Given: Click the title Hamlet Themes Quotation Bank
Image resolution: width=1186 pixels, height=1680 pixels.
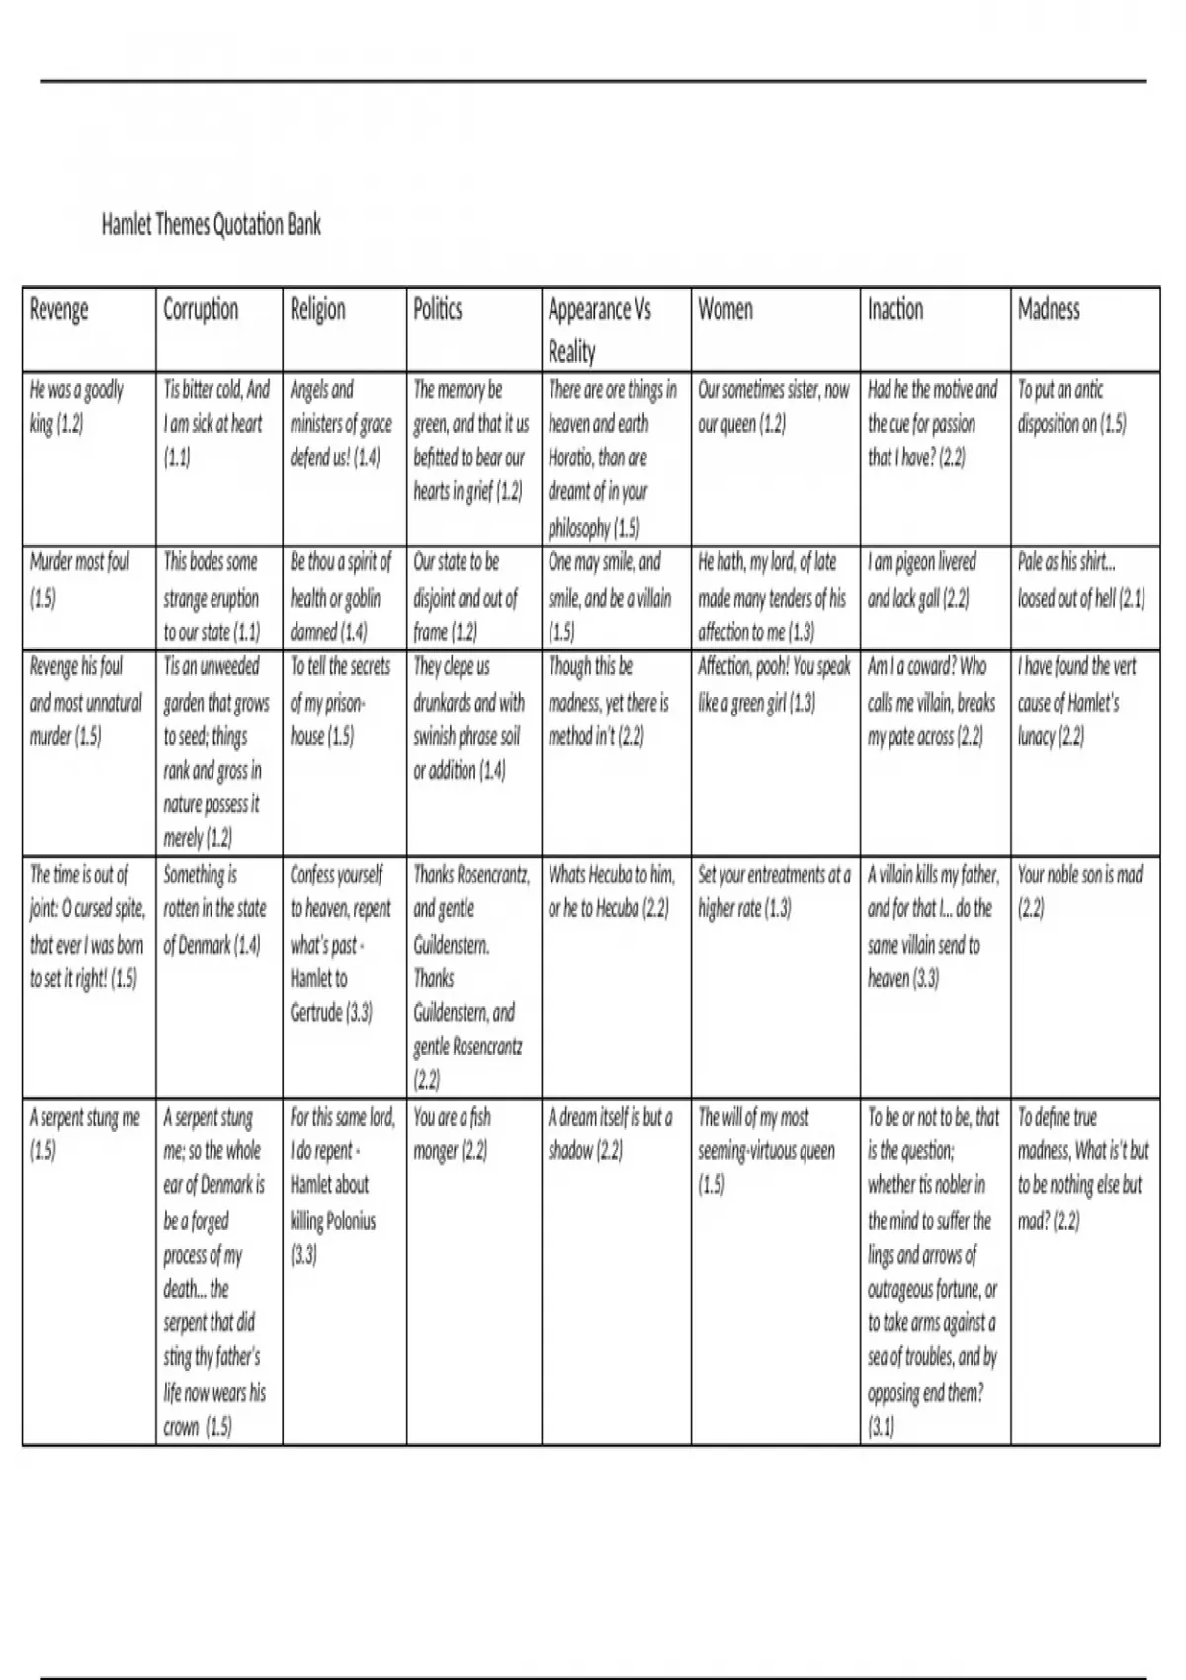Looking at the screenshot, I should pos(212,225).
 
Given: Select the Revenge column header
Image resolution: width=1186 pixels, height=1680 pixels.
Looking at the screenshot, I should pos(59,310).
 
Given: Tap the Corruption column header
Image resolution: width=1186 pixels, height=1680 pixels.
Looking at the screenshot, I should pos(201,310).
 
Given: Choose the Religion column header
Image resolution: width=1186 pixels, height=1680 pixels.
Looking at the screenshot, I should pos(318,310).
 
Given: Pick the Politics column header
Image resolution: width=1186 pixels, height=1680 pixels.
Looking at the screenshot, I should pos(438,310).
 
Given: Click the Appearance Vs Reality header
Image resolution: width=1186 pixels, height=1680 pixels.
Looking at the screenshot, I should pos(600,329).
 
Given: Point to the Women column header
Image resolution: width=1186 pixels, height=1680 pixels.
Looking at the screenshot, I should pos(725,310).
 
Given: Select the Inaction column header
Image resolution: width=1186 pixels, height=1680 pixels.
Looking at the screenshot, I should pos(895,310).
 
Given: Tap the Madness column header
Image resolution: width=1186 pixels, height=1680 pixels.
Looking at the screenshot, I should pos(1049,310).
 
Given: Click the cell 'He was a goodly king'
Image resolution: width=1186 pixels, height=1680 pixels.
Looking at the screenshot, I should pos(77,407).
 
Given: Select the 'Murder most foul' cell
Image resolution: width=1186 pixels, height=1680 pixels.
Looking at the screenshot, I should pos(79,580).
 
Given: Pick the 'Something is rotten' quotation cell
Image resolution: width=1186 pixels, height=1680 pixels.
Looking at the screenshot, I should pos(214,909).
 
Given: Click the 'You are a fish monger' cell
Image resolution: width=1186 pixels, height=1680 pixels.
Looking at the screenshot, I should pos(452,1134).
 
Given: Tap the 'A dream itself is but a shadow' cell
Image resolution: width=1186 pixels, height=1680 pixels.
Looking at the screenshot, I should pos(611,1134).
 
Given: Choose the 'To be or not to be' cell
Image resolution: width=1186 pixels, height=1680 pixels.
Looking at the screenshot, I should pos(933,1271).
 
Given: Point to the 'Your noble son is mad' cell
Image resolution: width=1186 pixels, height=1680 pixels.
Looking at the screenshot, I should pos(1080,891).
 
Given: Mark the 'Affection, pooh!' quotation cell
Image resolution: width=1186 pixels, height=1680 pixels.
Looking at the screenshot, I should pos(774,684).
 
